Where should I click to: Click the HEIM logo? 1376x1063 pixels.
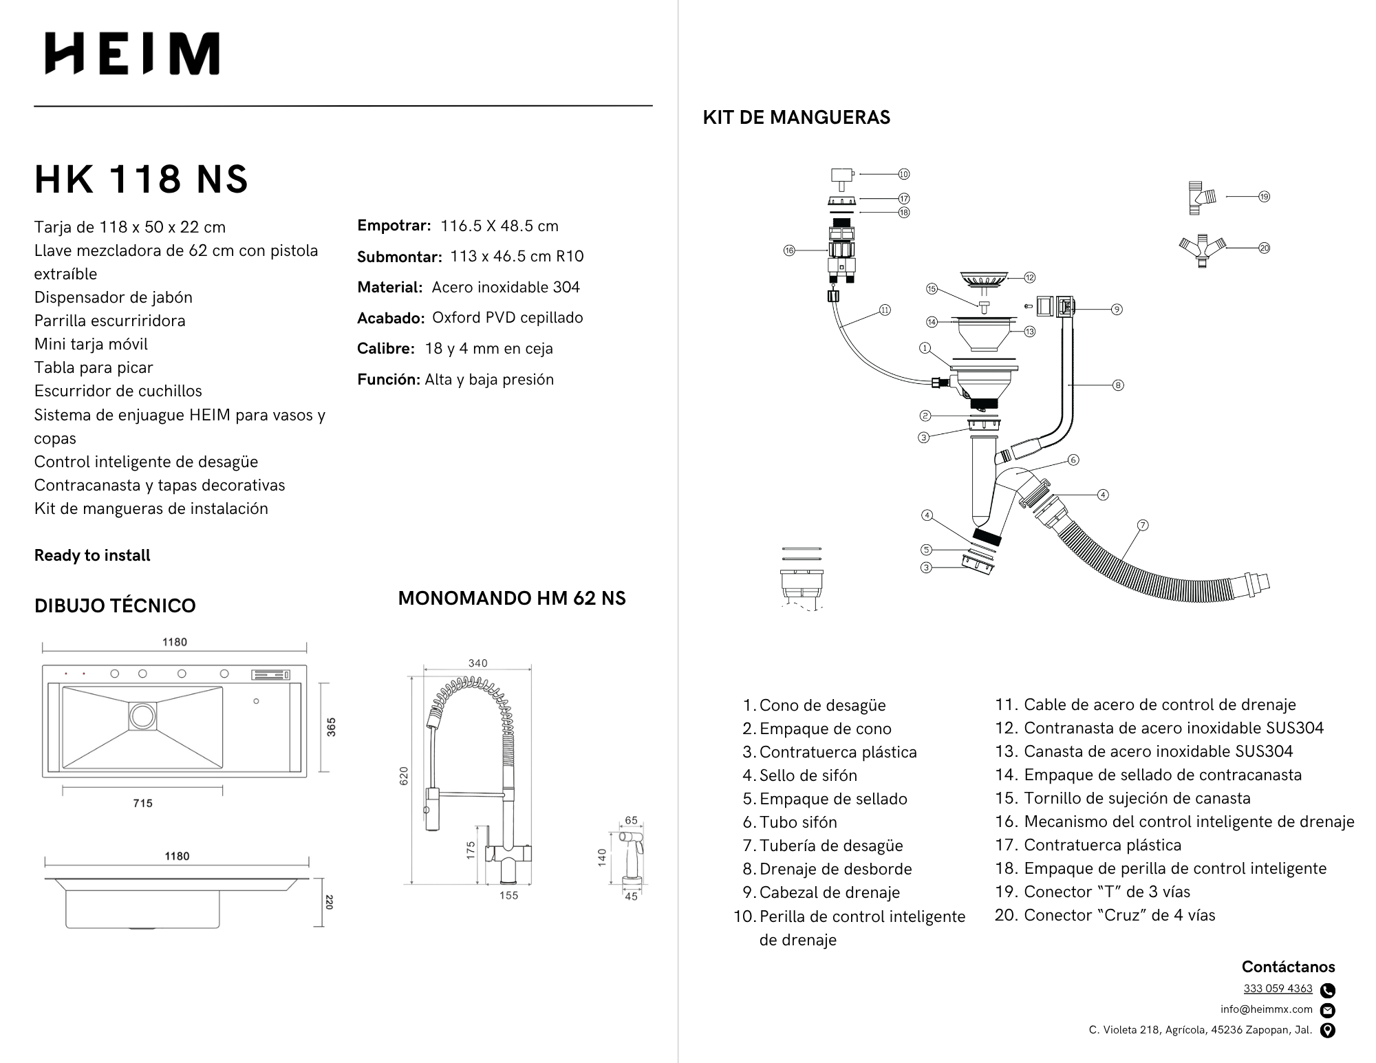click(x=132, y=53)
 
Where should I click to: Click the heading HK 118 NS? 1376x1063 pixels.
click(x=141, y=179)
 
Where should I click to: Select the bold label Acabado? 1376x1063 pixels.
click(x=390, y=318)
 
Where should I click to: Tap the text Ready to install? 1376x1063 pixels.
click(x=92, y=555)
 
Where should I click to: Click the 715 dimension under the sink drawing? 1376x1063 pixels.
click(x=142, y=803)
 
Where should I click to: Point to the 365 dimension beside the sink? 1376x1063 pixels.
click(x=331, y=727)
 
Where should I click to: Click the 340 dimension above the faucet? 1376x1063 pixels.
click(x=477, y=663)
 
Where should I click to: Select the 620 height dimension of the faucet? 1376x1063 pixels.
click(x=404, y=775)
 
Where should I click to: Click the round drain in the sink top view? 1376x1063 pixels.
click(x=143, y=716)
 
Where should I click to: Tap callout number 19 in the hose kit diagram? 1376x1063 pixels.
click(x=1264, y=197)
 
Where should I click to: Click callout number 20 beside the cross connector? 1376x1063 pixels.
click(x=1264, y=248)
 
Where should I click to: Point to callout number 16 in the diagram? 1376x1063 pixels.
click(x=789, y=250)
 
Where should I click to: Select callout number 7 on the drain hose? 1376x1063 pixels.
click(x=1142, y=525)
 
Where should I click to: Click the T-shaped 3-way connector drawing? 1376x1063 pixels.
click(x=1201, y=198)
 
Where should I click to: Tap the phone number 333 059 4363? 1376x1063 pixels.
click(x=1278, y=989)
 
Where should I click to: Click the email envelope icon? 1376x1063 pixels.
click(x=1328, y=1010)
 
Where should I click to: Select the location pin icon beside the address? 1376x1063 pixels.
click(x=1328, y=1030)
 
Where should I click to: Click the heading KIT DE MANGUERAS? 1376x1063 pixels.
click(x=796, y=117)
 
